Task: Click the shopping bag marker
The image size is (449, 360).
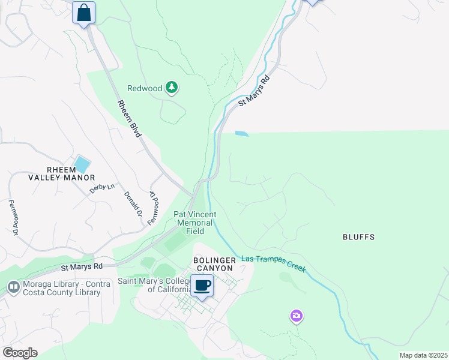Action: pyautogui.click(x=83, y=13)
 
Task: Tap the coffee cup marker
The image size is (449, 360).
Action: pyautogui.click(x=202, y=286)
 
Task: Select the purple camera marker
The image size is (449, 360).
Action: pyautogui.click(x=296, y=316)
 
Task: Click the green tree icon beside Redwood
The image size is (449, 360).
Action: pyautogui.click(x=172, y=88)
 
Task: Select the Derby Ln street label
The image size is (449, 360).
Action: pyautogui.click(x=101, y=188)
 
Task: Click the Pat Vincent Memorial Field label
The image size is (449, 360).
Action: pyautogui.click(x=194, y=223)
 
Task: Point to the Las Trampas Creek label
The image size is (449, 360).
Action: pyautogui.click(x=274, y=263)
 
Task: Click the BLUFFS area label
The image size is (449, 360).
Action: pyautogui.click(x=358, y=237)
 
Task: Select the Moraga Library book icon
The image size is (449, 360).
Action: pyautogui.click(x=13, y=287)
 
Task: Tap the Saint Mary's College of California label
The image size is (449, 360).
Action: pyautogui.click(x=152, y=285)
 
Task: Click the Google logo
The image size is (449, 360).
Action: pyautogui.click(x=20, y=353)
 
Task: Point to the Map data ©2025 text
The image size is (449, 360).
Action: pyautogui.click(x=423, y=355)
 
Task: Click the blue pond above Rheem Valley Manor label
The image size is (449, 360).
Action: pyautogui.click(x=81, y=164)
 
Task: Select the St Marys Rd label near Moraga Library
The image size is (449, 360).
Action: pyautogui.click(x=82, y=266)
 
